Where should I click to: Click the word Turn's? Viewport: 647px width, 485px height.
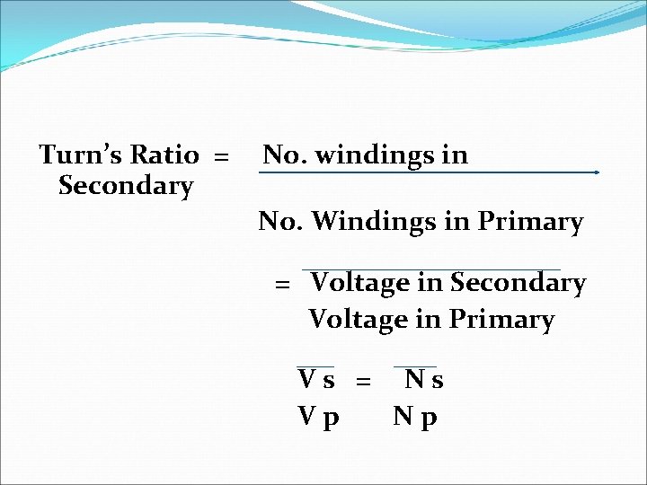[82, 154]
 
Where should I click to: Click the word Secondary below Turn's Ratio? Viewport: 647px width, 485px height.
[125, 186]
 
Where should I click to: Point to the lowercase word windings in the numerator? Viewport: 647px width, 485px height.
[368, 155]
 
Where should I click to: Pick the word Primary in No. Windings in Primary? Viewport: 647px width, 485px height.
[531, 221]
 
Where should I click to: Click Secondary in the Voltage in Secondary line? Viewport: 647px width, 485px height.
[518, 284]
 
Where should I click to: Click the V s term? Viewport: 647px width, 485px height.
[316, 380]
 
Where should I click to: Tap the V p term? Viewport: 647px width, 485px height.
[318, 418]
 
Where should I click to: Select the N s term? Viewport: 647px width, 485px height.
[423, 380]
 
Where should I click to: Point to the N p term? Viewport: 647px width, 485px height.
[415, 418]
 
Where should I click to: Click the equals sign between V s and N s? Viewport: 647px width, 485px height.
[363, 382]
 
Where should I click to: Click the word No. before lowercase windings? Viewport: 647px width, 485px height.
[280, 155]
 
